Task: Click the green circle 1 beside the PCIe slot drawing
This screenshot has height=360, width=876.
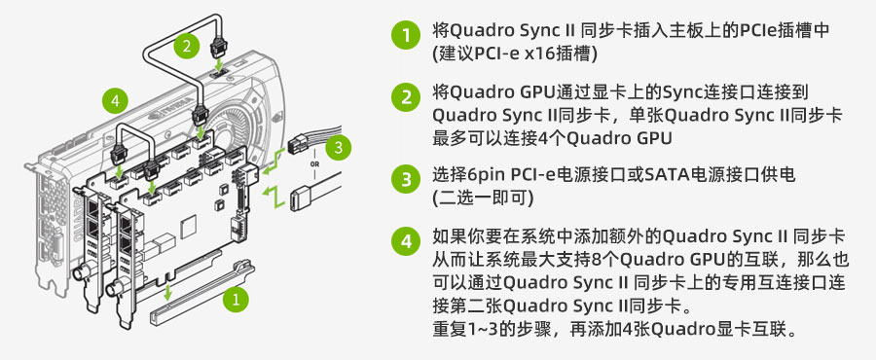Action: pos(236,301)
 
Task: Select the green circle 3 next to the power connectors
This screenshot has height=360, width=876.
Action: pos(338,149)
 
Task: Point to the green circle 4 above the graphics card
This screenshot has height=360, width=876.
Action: pos(115,101)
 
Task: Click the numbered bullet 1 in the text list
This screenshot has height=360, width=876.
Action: pos(405,35)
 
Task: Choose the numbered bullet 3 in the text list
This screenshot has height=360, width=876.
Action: pos(405,179)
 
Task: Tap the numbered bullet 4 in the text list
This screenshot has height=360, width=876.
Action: pos(405,241)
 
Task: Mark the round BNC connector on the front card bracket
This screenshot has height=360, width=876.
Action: pos(114,288)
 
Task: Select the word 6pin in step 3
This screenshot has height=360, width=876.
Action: pos(485,175)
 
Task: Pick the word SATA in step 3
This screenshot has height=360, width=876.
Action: pos(661,175)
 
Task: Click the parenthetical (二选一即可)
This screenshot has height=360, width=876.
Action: pos(482,198)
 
